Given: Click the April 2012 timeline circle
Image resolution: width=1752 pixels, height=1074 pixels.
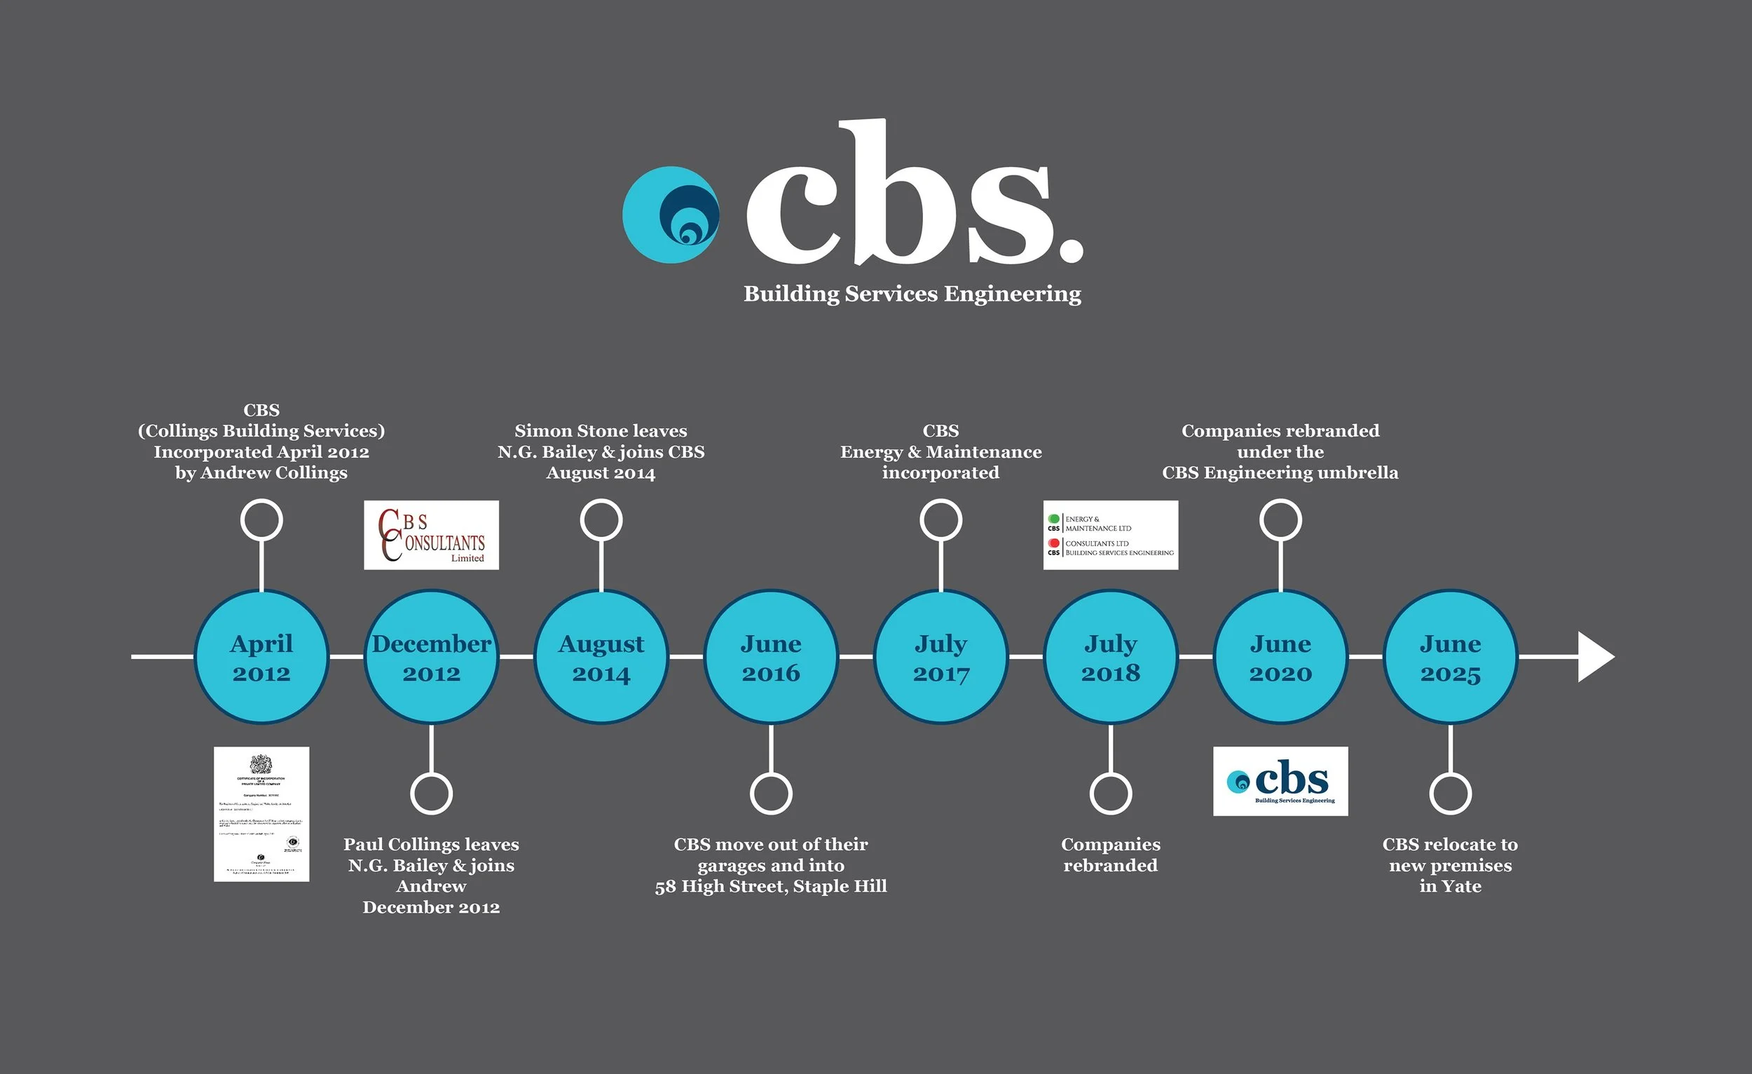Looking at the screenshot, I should point(261,656).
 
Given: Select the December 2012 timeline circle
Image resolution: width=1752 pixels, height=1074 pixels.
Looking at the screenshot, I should point(431,656).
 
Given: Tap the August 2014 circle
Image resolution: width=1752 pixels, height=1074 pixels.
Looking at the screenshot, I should point(601,656).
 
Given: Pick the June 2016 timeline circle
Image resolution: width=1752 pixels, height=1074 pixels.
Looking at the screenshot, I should point(771,656).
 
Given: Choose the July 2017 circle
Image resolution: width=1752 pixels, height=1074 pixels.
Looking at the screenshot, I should point(940,656).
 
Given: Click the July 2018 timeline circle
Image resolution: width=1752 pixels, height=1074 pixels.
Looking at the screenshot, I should point(1111,656).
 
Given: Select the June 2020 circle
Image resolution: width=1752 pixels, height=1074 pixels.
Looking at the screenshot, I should point(1280,656).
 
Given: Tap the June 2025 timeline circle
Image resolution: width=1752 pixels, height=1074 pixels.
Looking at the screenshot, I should point(1451,656).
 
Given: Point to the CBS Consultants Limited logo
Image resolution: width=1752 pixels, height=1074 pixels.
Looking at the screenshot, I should point(431,535).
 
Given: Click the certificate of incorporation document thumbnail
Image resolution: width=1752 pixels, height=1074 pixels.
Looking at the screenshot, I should point(261,814).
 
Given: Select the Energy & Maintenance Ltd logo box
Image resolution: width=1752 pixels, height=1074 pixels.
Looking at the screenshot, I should point(1110,535).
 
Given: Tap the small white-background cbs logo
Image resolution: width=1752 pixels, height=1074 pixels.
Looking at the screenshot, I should point(1280,781).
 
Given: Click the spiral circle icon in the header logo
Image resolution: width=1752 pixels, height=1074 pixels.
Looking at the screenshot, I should point(671,215).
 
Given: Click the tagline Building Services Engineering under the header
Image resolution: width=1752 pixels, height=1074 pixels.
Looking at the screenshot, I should point(912,294).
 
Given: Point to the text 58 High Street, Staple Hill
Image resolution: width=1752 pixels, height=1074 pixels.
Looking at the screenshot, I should point(771,886).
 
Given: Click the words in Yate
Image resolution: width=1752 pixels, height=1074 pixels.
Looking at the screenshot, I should point(1451,886).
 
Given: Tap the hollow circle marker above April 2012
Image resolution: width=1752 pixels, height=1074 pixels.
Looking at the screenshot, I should point(261,520).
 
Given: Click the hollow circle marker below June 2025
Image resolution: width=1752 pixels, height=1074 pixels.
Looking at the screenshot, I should point(1451,793).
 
